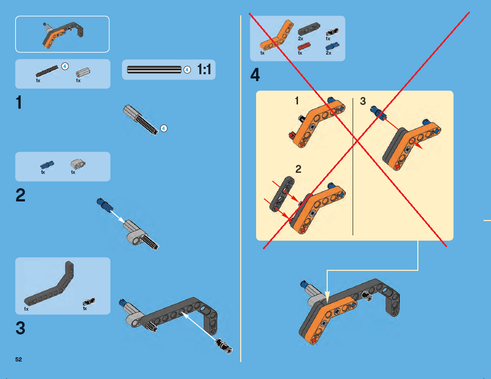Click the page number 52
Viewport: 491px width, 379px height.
19,359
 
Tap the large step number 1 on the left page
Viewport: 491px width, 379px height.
19,103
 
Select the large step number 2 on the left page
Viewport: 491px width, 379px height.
20,195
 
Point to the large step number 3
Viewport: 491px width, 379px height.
20,328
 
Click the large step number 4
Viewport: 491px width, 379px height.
255,75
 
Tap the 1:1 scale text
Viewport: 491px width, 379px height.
204,69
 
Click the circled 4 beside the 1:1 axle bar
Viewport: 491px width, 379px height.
187,70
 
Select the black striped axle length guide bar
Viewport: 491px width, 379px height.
154,69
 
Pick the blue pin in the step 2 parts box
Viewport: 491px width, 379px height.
47,165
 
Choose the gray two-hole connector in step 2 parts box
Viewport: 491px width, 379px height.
77,164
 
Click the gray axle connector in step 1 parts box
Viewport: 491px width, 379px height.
83,73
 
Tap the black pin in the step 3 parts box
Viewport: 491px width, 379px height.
89,302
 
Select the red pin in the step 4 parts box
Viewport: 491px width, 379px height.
304,47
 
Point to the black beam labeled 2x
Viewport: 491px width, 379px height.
309,29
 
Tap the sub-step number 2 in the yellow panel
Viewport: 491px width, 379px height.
299,169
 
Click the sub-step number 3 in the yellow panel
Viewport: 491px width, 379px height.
363,101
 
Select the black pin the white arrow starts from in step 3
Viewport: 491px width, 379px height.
224,346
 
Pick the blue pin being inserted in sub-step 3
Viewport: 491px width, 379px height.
379,113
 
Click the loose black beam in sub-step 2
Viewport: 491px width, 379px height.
282,194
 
